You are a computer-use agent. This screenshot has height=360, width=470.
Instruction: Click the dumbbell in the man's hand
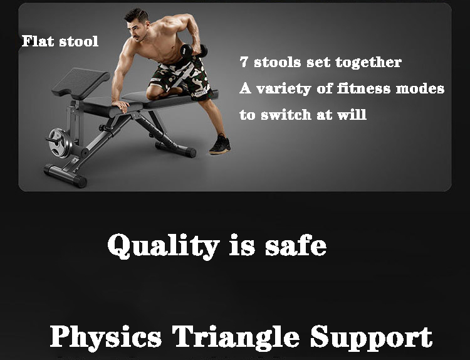pos(194,51)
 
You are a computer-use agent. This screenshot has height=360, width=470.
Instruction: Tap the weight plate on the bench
pos(59,143)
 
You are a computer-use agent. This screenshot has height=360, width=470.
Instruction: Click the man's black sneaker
pos(220,145)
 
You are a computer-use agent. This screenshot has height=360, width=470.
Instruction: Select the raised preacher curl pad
pos(80,83)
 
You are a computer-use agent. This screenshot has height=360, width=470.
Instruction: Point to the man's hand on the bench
pos(120,105)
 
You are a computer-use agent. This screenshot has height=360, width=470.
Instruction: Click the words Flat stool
pos(60,41)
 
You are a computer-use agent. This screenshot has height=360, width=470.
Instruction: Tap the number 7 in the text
pos(244,62)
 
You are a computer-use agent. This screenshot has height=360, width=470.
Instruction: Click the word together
pos(368,62)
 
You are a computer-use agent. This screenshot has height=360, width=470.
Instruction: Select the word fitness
pos(363,88)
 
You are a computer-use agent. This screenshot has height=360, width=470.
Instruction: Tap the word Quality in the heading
pos(164,246)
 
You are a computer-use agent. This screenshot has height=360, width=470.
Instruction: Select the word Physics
pos(106,337)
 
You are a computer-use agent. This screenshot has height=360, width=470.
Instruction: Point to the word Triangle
pos(236,337)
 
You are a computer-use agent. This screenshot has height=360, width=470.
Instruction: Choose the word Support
pos(371,337)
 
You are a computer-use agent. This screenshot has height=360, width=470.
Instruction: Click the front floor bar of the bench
pos(65,176)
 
